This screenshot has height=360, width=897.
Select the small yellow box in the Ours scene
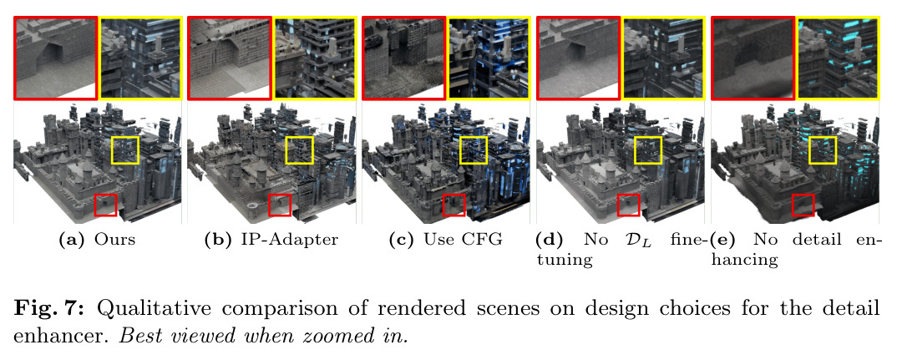tap(112, 150)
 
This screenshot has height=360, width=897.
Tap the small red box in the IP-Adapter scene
tap(268, 205)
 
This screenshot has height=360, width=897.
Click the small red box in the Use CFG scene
tap(443, 205)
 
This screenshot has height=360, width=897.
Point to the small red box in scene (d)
tap(618, 205)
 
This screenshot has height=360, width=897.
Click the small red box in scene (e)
tap(793, 205)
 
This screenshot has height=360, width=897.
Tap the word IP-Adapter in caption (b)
tap(296, 240)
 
